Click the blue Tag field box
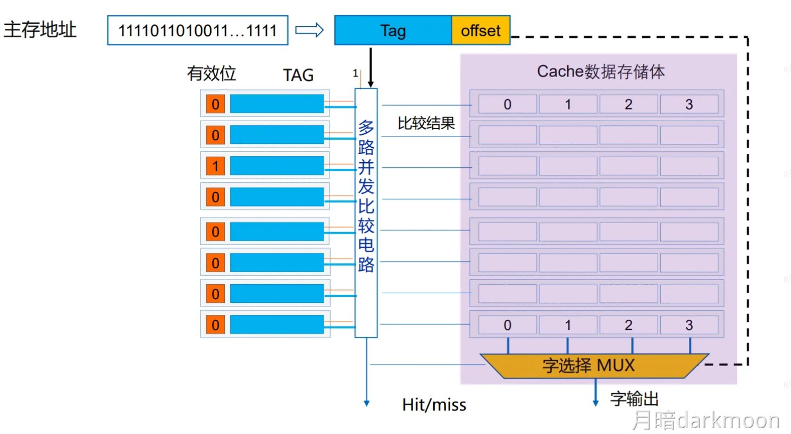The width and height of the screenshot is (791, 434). pos(393,31)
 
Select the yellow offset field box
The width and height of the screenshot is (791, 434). pos(481,31)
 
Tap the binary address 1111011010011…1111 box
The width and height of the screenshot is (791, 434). pos(197,31)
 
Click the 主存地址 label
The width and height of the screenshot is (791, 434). pos(40,30)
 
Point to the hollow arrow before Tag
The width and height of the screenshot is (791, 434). pos(309,30)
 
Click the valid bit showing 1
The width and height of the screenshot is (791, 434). pos(215,166)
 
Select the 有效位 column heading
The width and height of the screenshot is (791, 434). pos(211,74)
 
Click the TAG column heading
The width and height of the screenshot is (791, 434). pos(298,75)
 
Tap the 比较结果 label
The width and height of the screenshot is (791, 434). pos(426,123)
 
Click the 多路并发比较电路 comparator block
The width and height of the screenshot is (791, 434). pos(366,212)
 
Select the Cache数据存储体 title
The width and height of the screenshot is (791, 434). pos(601,72)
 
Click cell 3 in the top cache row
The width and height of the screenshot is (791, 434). pos(689,104)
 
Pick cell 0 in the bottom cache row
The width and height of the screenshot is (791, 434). pos(508,325)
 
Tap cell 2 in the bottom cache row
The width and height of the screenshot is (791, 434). pos(628,325)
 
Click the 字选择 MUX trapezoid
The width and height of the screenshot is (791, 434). pos(588,365)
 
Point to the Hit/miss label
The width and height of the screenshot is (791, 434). pos(434,405)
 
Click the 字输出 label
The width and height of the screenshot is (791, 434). pos(634,399)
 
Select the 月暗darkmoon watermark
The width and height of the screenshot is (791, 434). pos(705,420)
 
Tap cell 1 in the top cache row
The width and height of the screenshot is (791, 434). pos(568,104)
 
